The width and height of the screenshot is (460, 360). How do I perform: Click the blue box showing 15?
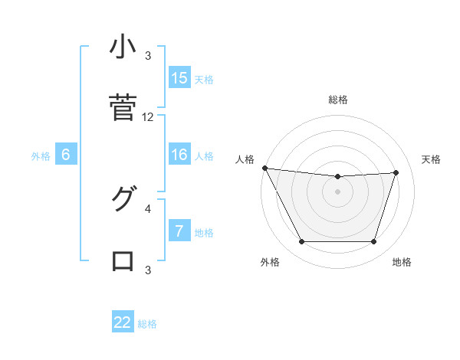click(x=179, y=77)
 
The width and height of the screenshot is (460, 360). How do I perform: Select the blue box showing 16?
click(x=179, y=155)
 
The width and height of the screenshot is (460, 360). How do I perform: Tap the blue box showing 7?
click(x=179, y=231)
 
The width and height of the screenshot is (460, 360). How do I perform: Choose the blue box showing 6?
click(x=66, y=155)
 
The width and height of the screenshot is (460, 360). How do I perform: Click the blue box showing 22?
click(x=123, y=322)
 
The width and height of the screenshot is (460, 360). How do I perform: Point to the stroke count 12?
click(x=148, y=117)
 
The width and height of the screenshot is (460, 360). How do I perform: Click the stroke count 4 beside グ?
click(x=148, y=208)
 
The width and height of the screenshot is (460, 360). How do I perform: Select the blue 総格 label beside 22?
click(x=147, y=324)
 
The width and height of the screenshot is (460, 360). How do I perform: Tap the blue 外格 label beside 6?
click(x=41, y=155)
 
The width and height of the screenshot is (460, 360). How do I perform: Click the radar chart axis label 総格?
click(x=338, y=100)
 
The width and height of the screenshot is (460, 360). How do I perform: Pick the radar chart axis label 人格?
click(x=245, y=159)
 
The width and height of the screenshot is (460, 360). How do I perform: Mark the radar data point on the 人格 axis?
click(x=264, y=168)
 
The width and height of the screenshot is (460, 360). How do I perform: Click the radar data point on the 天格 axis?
click(x=396, y=172)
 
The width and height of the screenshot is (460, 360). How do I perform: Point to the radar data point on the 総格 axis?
click(x=338, y=177)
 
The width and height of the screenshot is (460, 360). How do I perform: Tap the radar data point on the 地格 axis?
click(x=373, y=242)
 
